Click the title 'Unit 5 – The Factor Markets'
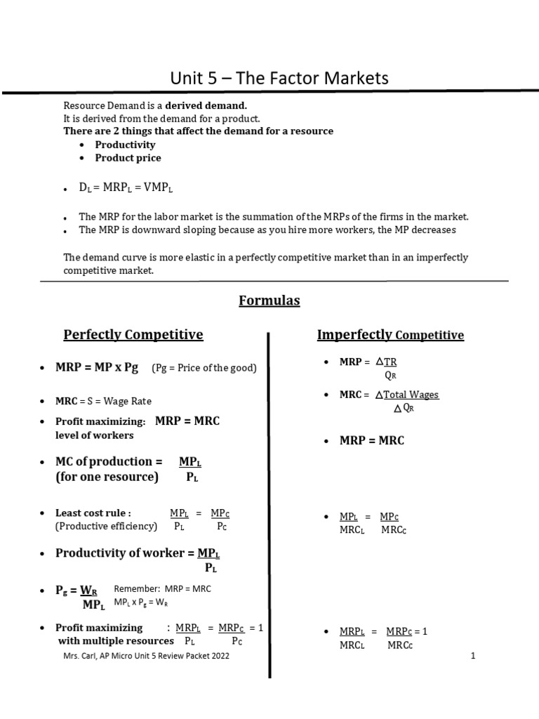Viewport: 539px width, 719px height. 279,77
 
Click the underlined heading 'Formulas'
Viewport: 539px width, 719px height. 269,301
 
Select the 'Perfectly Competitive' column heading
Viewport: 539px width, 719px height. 133,335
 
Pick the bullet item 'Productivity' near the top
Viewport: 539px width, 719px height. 126,145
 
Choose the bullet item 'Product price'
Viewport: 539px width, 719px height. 128,158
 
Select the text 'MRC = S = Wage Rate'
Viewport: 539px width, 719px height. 103,401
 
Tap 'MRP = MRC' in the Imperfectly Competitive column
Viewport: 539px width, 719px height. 372,441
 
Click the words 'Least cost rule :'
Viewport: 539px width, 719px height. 93,513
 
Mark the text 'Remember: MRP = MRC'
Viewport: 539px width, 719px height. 162,588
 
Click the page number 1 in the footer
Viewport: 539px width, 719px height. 473,656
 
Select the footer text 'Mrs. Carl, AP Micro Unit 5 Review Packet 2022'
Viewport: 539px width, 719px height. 146,656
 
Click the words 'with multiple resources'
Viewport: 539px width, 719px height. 116,641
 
